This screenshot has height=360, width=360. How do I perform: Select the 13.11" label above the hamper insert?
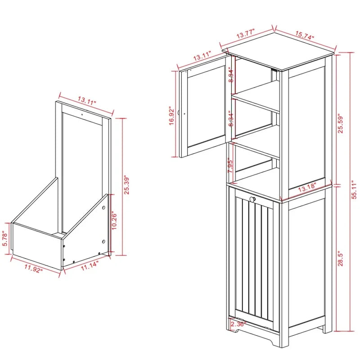(87, 102)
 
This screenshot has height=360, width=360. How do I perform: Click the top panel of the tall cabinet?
(279, 54)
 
